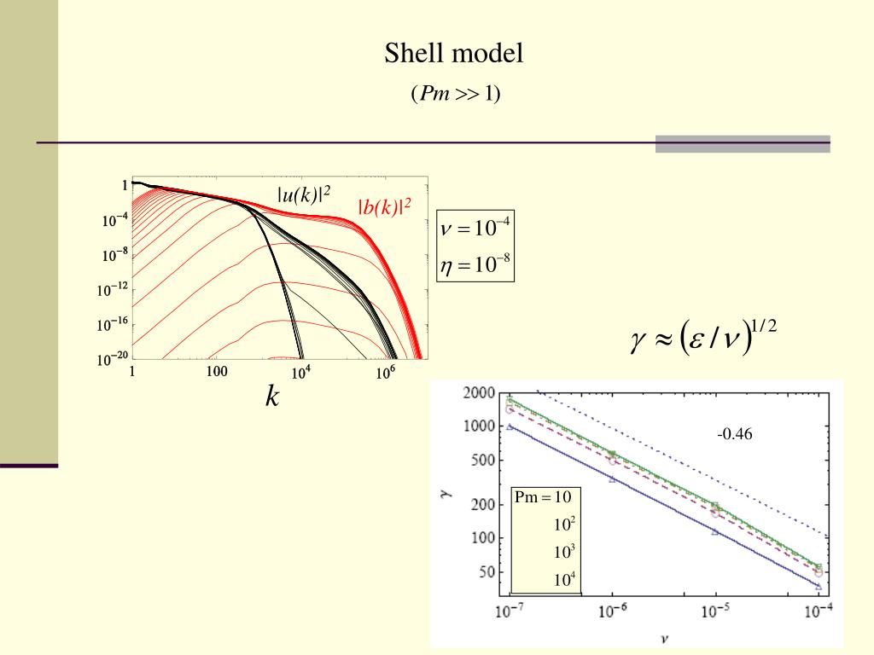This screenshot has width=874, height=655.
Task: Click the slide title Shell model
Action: [x=453, y=55]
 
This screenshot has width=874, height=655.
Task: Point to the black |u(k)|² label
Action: [x=303, y=194]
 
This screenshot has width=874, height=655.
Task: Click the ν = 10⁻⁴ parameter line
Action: [x=475, y=229]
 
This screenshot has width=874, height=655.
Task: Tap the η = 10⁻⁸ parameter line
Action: [x=475, y=265]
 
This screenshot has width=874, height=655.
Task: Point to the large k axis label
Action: [x=272, y=396]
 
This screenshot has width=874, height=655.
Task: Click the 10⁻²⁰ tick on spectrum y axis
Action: [x=112, y=359]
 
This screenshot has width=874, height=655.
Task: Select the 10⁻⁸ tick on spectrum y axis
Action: [x=114, y=254]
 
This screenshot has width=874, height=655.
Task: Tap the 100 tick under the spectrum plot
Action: [x=217, y=372]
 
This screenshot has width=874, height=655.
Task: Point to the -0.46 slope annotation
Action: [x=735, y=435]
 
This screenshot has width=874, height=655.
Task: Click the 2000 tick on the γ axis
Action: [x=479, y=393]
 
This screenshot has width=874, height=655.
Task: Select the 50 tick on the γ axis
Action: [x=486, y=572]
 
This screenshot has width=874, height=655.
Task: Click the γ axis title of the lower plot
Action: [x=446, y=493]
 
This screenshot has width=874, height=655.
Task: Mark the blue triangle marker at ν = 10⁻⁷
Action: [x=510, y=426]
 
